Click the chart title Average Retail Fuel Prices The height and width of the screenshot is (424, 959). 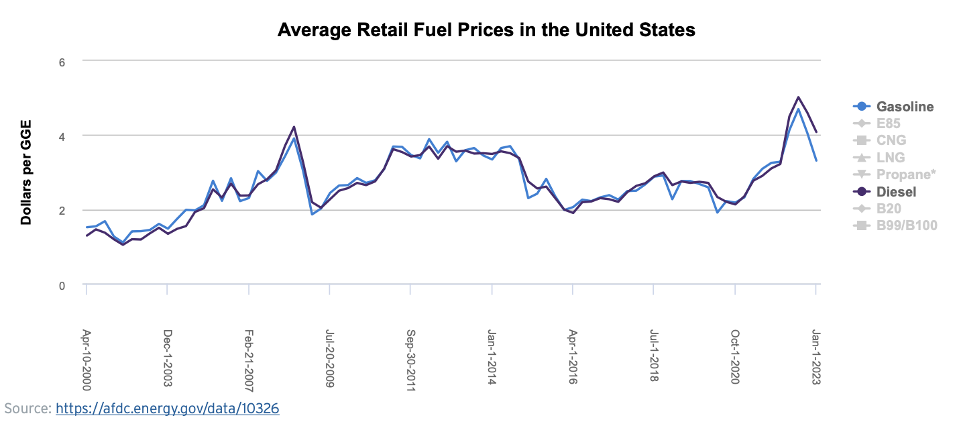(486, 30)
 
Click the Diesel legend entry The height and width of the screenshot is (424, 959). (896, 192)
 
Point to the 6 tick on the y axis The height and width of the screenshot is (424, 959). (62, 61)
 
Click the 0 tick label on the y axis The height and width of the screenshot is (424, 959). (62, 286)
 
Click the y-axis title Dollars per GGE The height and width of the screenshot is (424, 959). (27, 173)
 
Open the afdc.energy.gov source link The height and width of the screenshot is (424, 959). (167, 409)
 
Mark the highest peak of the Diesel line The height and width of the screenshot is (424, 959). (798, 97)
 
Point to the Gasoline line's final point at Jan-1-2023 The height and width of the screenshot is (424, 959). (816, 161)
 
